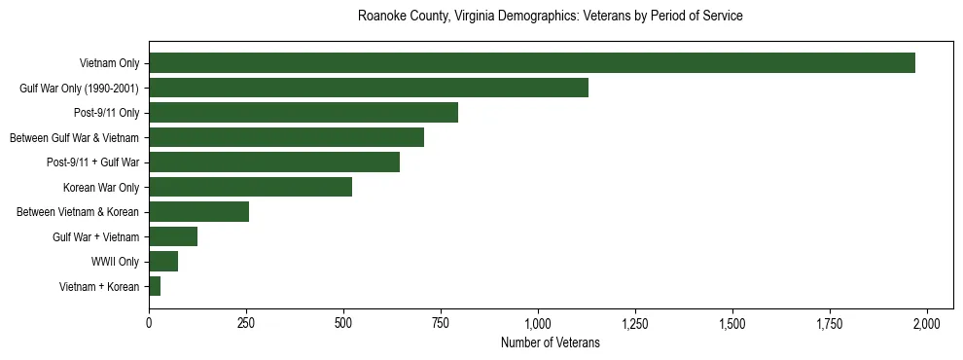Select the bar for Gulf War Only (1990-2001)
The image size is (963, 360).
pyautogui.click(x=368, y=88)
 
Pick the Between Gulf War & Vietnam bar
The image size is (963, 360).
pyautogui.click(x=286, y=137)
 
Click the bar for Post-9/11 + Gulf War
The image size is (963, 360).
pyautogui.click(x=273, y=162)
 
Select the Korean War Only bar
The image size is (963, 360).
pyautogui.click(x=250, y=187)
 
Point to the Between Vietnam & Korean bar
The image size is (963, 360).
pyautogui.click(x=198, y=212)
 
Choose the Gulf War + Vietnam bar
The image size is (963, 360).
pyautogui.click(x=173, y=236)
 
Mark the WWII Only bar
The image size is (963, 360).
pyautogui.click(x=163, y=261)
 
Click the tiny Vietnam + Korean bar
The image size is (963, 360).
pyautogui.click(x=155, y=286)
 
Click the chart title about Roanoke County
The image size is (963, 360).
pyautogui.click(x=551, y=17)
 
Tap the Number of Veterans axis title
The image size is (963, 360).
pyautogui.click(x=551, y=343)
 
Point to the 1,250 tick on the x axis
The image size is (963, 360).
pyautogui.click(x=635, y=323)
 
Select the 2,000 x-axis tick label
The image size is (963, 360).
pyautogui.click(x=927, y=323)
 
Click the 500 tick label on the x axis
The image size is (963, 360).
pyautogui.click(x=343, y=323)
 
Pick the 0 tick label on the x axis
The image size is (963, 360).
pyautogui.click(x=149, y=323)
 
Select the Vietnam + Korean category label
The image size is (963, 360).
pyautogui.click(x=99, y=286)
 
